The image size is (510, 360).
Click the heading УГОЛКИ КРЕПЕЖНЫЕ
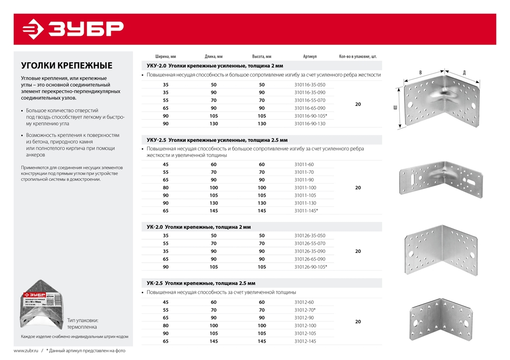tap(66, 66)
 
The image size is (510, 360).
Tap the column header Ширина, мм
tap(165, 57)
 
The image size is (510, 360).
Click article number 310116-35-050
tap(310, 85)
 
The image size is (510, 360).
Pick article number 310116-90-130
tap(310, 123)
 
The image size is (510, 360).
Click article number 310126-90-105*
tap(311, 267)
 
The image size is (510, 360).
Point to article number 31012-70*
tap(305, 310)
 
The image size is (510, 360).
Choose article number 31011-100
tap(305, 188)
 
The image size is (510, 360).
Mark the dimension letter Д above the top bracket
tap(464, 73)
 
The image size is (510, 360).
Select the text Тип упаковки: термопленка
tap(82, 323)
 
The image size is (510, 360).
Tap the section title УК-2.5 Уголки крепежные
tap(201, 283)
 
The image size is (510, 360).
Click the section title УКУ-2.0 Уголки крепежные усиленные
tap(214, 66)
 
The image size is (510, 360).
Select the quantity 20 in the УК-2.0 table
tap(358, 251)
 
